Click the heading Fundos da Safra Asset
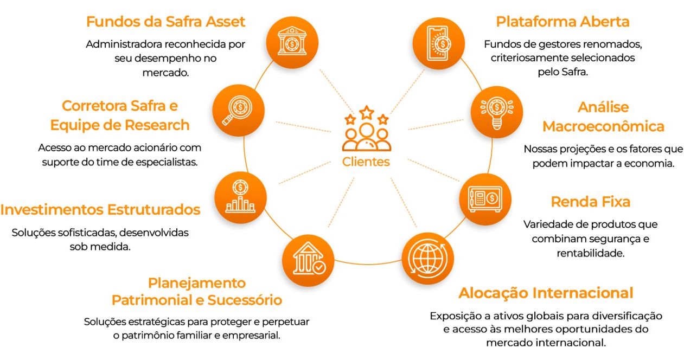166,22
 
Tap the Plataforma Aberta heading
562,22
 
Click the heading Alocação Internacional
546,293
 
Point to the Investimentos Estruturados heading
100,209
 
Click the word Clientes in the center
366,162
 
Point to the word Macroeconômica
603,126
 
